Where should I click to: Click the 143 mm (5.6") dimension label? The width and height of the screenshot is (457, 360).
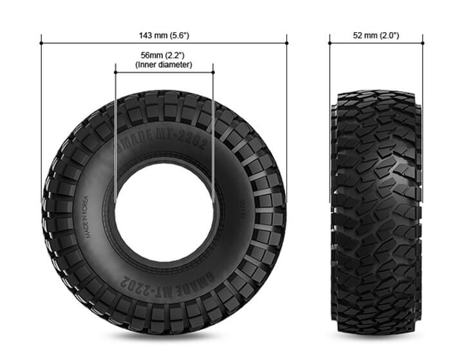pyautogui.click(x=164, y=35)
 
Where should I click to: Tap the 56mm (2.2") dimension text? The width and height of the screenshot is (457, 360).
pyautogui.click(x=164, y=55)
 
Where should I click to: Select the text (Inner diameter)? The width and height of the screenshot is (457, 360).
pyautogui.click(x=164, y=65)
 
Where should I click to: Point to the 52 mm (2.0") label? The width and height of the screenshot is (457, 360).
pyautogui.click(x=376, y=35)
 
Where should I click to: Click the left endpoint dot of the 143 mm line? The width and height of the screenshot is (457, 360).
pyautogui.click(x=41, y=44)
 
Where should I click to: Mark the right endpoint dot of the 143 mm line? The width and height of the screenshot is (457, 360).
pyautogui.click(x=287, y=44)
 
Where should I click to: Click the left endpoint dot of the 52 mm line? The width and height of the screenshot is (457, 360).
pyautogui.click(x=330, y=44)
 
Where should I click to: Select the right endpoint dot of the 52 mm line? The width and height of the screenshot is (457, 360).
pyautogui.click(x=423, y=44)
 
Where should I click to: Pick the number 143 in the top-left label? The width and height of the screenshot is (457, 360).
pyautogui.click(x=145, y=35)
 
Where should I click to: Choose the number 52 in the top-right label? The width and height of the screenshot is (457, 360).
pyautogui.click(x=357, y=35)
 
